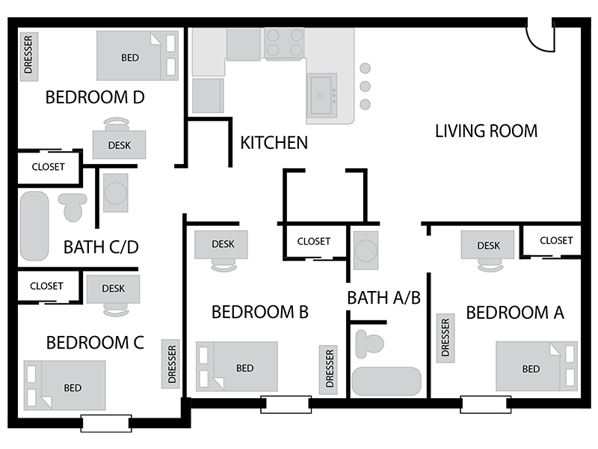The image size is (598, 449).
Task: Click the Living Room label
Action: pyautogui.click(x=487, y=131)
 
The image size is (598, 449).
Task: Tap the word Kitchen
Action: pyautogui.click(x=274, y=143)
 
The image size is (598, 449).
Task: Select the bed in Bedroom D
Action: pyautogui.click(x=138, y=55)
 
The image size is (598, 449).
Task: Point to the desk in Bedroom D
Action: pyautogui.click(x=119, y=144)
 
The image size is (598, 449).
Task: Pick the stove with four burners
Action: pyautogui.click(x=285, y=43)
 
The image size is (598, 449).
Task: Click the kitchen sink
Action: pyautogui.click(x=321, y=96)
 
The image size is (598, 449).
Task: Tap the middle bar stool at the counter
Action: pyautogui.click(x=365, y=86)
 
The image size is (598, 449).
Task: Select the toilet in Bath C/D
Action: pyautogui.click(x=73, y=207)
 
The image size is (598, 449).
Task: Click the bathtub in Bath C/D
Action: pyautogui.click(x=34, y=226)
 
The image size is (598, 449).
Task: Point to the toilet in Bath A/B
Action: pyautogui.click(x=369, y=344)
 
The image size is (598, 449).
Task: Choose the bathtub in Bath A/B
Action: pyautogui.click(x=386, y=382)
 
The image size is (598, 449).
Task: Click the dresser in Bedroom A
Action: pyautogui.click(x=446, y=338)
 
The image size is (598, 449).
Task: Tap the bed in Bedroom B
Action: pyautogui.click(x=237, y=367)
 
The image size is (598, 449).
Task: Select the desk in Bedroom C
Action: pyautogui.click(x=114, y=289)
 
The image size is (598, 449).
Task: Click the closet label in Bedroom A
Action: pyautogui.click(x=556, y=240)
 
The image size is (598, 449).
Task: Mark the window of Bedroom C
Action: pyautogui.click(x=106, y=423)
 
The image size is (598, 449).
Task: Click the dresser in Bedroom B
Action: pyautogui.click(x=329, y=370)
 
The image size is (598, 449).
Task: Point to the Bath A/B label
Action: pyautogui.click(x=384, y=298)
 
